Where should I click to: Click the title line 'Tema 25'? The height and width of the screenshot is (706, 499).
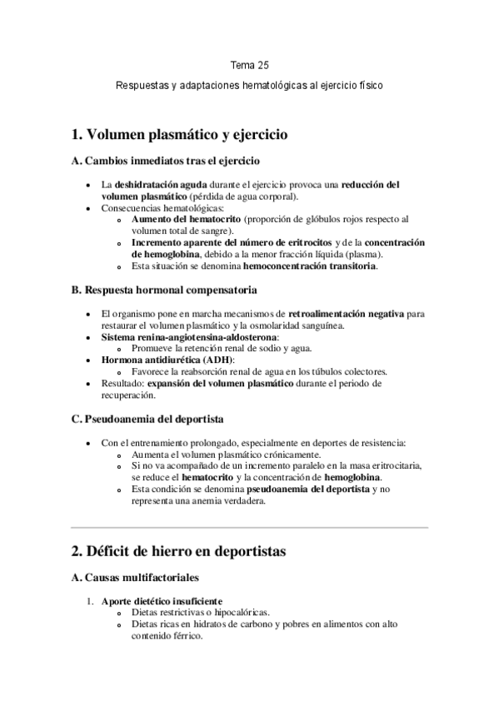point(249,63)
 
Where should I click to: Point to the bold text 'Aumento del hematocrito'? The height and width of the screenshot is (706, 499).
point(182,219)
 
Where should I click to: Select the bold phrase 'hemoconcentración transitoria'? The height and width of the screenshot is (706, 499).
point(309,266)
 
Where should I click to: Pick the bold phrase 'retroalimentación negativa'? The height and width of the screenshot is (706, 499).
point(346,314)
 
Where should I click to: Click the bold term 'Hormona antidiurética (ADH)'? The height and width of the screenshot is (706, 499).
point(155,359)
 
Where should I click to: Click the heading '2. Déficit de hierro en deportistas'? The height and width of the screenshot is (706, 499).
point(179,550)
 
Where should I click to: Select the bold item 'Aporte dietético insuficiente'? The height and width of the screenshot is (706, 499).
point(161,600)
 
